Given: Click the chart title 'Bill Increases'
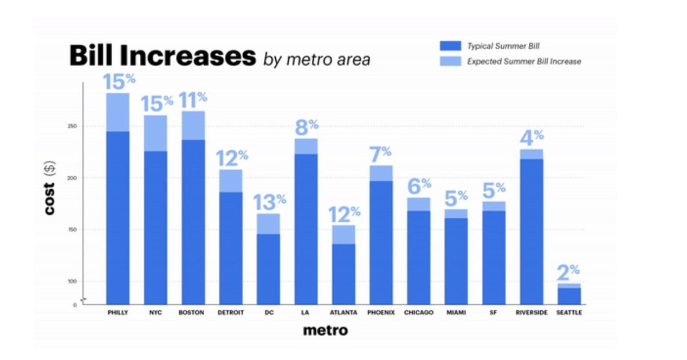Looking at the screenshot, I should click(x=162, y=56).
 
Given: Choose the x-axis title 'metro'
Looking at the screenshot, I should click(x=325, y=330).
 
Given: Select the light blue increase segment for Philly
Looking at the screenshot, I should click(x=118, y=112).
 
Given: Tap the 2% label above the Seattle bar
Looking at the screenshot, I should click(x=568, y=270).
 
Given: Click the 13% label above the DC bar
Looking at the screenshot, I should click(x=269, y=202).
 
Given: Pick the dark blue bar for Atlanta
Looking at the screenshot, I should click(x=343, y=274).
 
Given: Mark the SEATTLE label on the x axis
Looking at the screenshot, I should click(x=569, y=313).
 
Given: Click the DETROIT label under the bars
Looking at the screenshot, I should click(x=231, y=313).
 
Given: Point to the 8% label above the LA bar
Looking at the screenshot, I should click(x=306, y=127).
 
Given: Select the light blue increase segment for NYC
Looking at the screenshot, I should click(x=155, y=133).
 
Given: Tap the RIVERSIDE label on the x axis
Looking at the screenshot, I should click(x=532, y=313).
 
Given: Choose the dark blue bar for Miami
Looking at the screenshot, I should click(x=456, y=260).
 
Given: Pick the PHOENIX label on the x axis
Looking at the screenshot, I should click(x=381, y=313).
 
